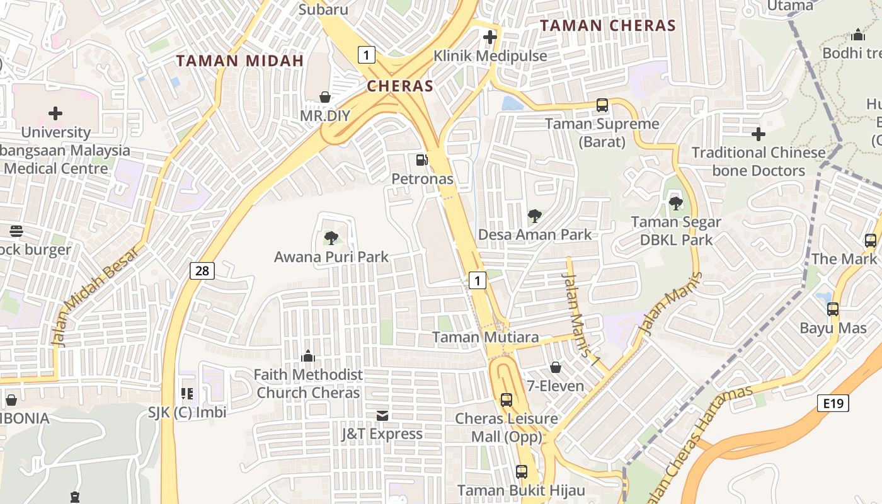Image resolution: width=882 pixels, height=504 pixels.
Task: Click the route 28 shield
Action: point(202,271)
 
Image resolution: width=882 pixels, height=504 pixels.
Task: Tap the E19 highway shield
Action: point(833,403)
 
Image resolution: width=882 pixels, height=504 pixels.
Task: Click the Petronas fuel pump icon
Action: point(422,160)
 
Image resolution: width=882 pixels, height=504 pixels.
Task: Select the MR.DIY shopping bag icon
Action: point(325,97)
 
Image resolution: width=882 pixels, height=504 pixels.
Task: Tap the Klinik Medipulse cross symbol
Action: point(490,37)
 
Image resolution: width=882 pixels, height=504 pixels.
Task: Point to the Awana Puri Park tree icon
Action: point(331,238)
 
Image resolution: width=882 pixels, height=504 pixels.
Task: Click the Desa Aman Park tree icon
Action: point(534,216)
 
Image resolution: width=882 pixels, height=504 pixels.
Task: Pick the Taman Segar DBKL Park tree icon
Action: point(676,203)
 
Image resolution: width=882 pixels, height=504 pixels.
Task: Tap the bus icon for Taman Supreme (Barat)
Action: point(602,105)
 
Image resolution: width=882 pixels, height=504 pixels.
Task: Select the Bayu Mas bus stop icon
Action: point(833,309)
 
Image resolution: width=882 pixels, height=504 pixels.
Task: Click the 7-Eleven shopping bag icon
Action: point(556,367)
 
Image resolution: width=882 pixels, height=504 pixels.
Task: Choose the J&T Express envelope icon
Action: point(382,415)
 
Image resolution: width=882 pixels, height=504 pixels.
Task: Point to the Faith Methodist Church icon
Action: point(308,356)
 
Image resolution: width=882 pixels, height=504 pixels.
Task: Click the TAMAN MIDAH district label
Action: point(240,61)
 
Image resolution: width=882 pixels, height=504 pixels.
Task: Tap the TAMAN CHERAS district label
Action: point(608,26)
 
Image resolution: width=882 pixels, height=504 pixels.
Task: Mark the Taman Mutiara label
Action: point(485,337)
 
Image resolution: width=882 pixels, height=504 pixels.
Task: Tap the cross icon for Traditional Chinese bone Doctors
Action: point(759,134)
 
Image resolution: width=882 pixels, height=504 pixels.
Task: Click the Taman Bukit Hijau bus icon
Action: point(522,471)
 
